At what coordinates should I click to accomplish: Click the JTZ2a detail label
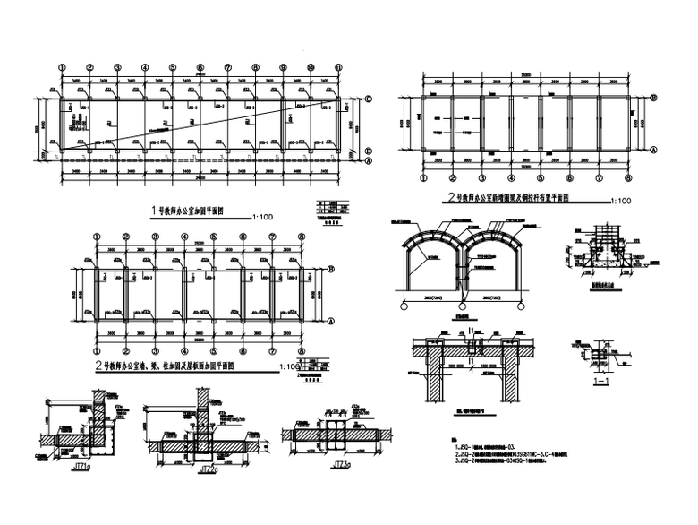click(208, 468)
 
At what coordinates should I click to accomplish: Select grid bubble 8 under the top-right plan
click(631, 176)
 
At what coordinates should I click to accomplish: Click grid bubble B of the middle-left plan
click(331, 267)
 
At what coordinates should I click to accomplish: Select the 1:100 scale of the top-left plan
click(264, 216)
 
